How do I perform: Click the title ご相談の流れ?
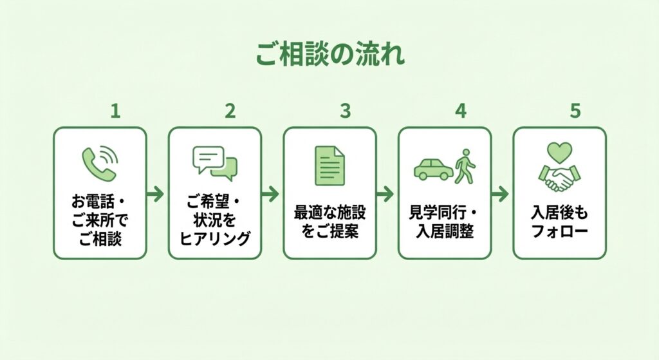329,55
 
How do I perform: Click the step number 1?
115,111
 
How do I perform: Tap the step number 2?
230,111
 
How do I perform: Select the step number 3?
345,111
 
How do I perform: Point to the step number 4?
459,111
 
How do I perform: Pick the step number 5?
575,111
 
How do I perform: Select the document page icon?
329,166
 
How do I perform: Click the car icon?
432,168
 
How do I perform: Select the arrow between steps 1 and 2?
156,193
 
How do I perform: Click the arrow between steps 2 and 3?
272,193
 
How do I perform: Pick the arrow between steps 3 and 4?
386,193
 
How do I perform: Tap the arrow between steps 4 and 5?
501,193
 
